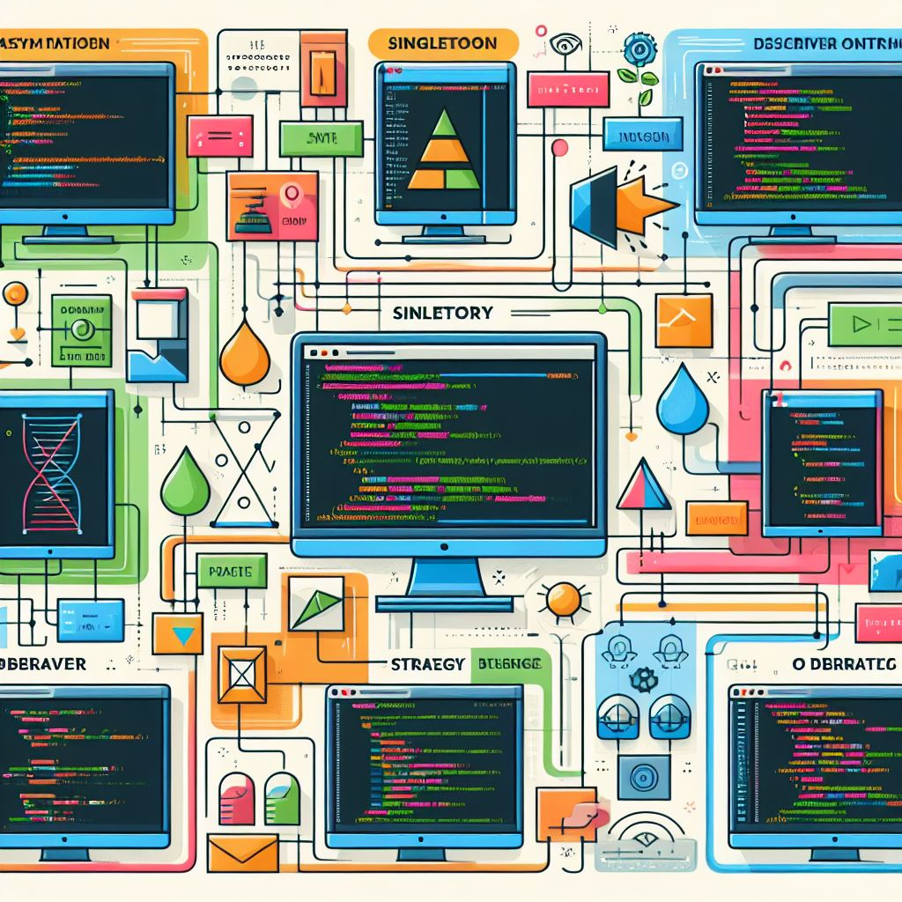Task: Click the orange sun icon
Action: [563, 599]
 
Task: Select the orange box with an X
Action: [241, 675]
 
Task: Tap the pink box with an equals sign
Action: [219, 137]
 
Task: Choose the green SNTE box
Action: [320, 138]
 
